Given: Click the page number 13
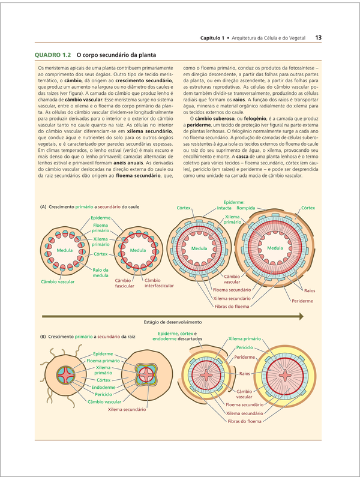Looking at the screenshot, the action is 319,38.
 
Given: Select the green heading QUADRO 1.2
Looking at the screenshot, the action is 53,55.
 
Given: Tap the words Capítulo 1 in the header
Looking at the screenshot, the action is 212,38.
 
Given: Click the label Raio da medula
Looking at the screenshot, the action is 100,272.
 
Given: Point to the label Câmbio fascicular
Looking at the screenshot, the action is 125,283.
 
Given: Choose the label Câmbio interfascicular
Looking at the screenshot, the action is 159,283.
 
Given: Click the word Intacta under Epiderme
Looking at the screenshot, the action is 224,208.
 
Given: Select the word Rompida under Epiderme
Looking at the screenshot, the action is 246,208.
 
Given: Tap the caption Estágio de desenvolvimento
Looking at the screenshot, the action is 173,322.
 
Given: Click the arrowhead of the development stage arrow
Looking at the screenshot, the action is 301,316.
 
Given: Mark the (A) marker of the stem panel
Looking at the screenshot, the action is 43,207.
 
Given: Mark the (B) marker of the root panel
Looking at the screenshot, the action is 43,337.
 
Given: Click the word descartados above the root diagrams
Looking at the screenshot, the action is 190,339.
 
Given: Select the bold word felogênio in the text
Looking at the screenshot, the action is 255,119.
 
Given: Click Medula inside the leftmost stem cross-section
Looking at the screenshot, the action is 65,250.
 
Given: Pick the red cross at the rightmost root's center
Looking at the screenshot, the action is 285,374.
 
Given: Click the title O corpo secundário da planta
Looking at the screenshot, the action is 116,55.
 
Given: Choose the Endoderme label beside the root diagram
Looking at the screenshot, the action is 103,387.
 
